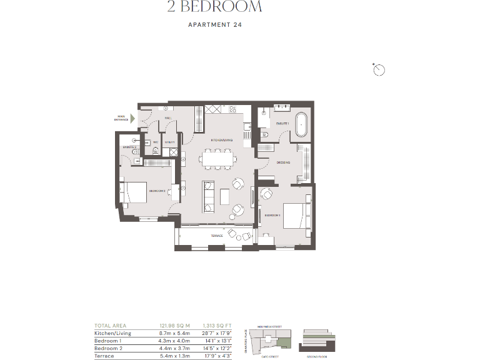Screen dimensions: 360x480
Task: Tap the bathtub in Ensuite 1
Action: click(x=301, y=125)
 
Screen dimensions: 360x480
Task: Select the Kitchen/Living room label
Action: click(x=221, y=139)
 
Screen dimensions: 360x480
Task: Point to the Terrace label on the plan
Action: click(x=216, y=236)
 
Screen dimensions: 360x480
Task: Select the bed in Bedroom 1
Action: click(x=295, y=216)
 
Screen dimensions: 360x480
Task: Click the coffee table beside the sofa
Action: click(x=224, y=197)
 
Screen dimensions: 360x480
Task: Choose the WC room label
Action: click(x=156, y=142)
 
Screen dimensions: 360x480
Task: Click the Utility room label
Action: click(x=169, y=142)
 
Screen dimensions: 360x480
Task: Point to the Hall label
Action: click(x=167, y=117)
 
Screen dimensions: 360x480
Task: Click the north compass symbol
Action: click(x=378, y=69)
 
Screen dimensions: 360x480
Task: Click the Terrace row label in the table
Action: click(x=104, y=356)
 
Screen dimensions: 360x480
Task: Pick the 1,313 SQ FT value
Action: click(x=217, y=326)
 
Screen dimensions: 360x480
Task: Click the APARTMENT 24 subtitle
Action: click(x=214, y=26)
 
